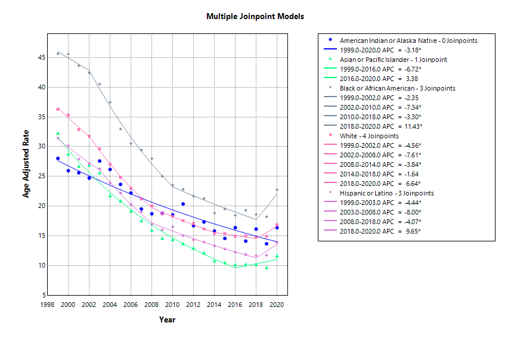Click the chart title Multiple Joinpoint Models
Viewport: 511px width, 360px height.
[x=255, y=16]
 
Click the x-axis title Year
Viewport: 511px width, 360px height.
[x=167, y=320]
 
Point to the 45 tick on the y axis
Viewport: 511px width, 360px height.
[x=41, y=57]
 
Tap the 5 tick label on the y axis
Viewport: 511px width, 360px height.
[x=44, y=295]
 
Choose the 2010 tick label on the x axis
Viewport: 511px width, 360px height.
[x=172, y=305]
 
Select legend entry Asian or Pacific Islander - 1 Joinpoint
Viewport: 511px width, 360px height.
[x=394, y=60]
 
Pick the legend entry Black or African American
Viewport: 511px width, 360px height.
[x=398, y=88]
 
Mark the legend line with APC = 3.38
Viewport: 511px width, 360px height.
[x=379, y=79]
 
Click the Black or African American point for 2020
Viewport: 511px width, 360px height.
[x=277, y=190]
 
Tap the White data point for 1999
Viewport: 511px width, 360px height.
[x=58, y=109]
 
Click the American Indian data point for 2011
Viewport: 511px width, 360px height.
[x=183, y=204]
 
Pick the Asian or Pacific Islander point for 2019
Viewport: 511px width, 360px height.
[x=267, y=268]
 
